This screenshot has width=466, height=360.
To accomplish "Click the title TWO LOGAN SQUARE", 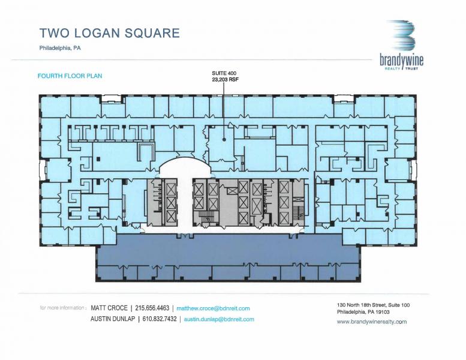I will coord(109,32).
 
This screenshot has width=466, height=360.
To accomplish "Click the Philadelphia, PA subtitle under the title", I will coord(60,49).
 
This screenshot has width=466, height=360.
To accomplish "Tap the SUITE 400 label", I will coord(223,73).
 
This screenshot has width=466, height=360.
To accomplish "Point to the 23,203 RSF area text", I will coord(223,79).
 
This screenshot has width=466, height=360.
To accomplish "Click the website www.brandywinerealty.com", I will coord(372,322).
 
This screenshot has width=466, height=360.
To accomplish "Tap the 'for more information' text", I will coord(63,308).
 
